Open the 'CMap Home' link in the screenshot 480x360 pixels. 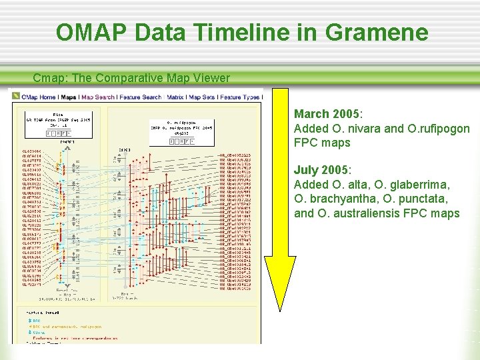pyautogui.click(x=38, y=97)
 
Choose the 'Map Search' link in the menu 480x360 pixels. pyautogui.click(x=98, y=97)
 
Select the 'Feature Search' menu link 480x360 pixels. pyautogui.click(x=140, y=97)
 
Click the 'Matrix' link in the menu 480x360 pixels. pyautogui.click(x=175, y=97)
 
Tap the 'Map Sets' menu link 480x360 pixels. pyautogui.click(x=202, y=97)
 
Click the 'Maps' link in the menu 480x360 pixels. pyautogui.click(x=69, y=97)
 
